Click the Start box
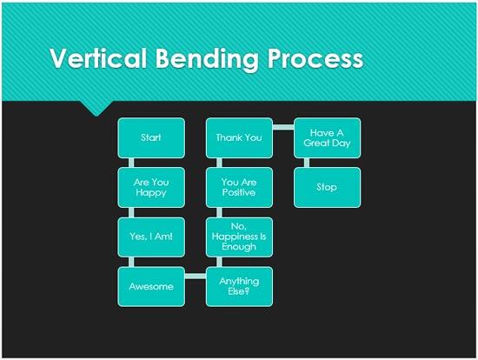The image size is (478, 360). tap(151, 137)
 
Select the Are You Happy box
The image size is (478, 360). tap(151, 187)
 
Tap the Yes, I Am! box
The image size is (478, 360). tap(151, 237)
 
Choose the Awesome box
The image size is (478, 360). tap(151, 286)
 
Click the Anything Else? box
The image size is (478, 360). tap(239, 286)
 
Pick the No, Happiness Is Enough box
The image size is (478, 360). tap(239, 237)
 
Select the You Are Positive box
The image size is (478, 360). tap(239, 187)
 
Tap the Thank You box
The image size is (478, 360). tap(239, 137)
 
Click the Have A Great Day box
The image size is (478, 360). tap(327, 137)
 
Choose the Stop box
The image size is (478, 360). tap(327, 187)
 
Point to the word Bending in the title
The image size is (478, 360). tap(203, 59)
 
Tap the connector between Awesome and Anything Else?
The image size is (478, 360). tap(196, 276)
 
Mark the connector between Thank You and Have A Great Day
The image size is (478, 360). tap(283, 127)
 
